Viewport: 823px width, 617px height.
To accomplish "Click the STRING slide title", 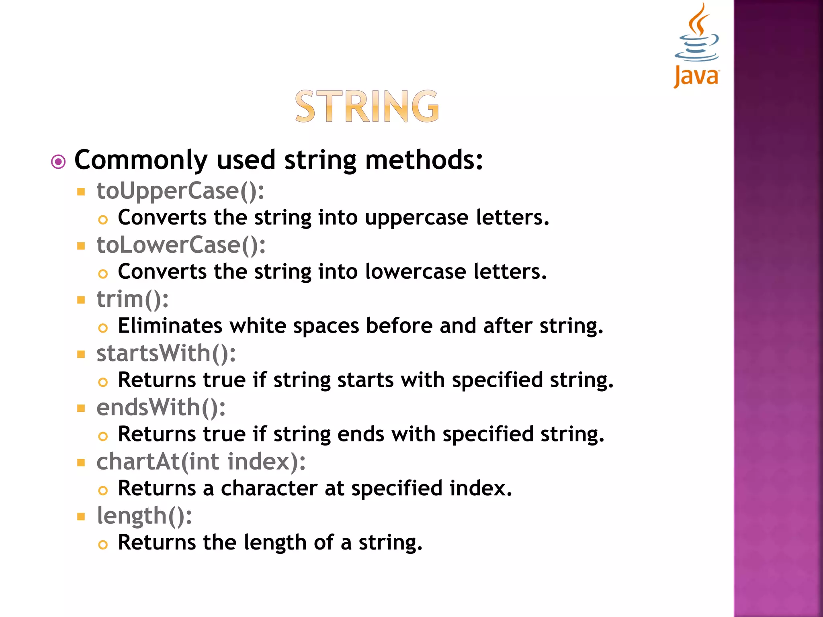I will tap(367, 106).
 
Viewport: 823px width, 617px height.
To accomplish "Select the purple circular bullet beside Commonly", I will tap(58, 162).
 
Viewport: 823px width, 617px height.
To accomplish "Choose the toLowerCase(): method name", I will tap(181, 245).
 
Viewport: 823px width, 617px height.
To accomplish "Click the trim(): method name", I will tap(133, 299).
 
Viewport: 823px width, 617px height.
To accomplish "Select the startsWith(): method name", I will tap(166, 353).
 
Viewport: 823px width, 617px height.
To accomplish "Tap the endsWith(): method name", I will tap(161, 408).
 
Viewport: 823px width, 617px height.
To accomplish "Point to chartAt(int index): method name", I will tap(201, 462).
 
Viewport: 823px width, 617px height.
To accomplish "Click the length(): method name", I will tap(144, 516).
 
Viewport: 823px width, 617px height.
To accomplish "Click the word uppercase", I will tap(417, 218).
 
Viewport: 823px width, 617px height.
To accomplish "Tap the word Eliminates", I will tap(170, 326).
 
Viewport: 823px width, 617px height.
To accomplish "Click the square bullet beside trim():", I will tap(81, 300).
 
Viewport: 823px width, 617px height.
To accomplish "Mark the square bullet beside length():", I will tap(81, 517).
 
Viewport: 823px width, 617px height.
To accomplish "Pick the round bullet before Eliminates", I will tap(103, 328).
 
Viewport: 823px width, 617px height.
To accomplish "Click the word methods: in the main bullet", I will tap(424, 160).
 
